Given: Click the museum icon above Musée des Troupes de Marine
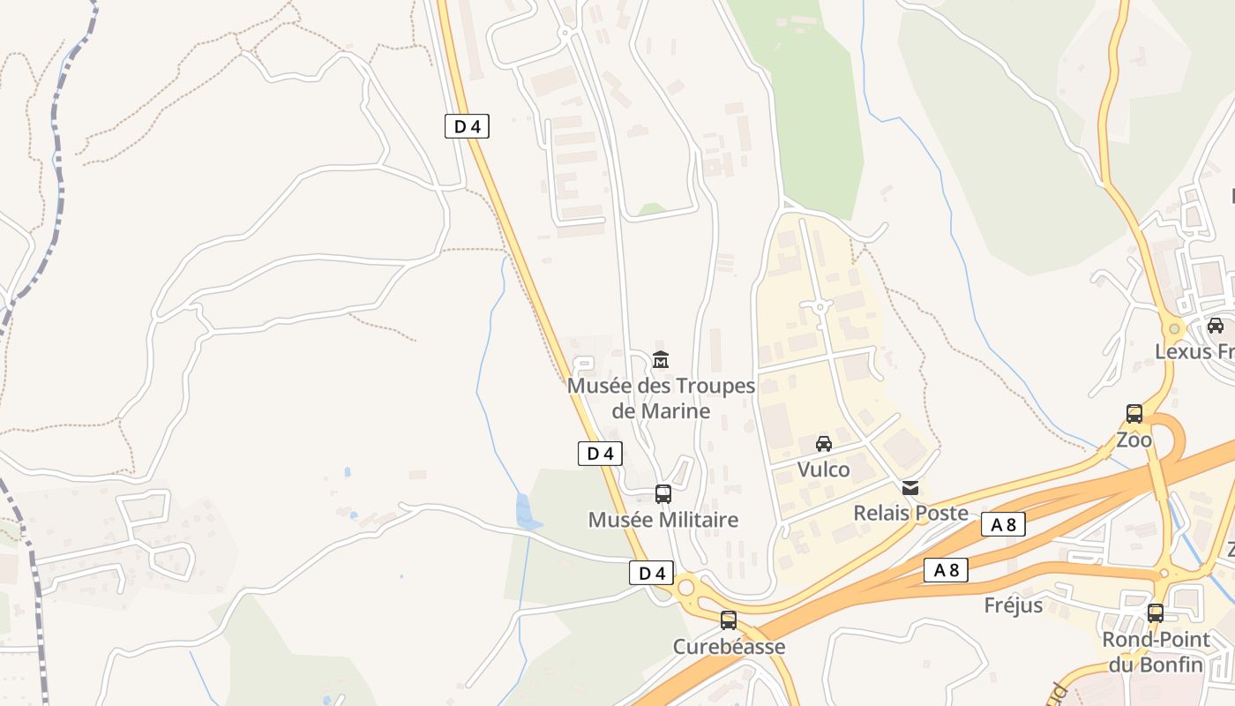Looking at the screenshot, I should tap(660, 359).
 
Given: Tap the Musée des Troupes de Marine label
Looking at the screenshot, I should tap(661, 398).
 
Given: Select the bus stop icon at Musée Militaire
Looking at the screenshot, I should tap(663, 494).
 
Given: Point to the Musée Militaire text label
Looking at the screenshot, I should tap(662, 520).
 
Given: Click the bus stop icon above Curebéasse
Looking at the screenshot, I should tap(728, 620).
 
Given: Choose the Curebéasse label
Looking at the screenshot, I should tap(729, 647).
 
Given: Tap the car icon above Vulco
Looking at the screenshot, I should tap(824, 443).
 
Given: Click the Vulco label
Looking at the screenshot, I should tap(824, 469).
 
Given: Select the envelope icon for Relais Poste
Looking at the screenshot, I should tap(910, 487).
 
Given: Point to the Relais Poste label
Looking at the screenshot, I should tap(910, 513).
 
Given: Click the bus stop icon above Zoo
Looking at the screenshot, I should tap(1134, 413).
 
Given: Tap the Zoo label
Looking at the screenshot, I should tap(1134, 439).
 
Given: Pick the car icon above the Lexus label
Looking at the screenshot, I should tap(1216, 325).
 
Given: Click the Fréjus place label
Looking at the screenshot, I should tap(1014, 605).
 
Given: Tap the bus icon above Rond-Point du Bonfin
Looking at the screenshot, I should tap(1156, 612).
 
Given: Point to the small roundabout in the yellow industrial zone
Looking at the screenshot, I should tap(820, 307).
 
